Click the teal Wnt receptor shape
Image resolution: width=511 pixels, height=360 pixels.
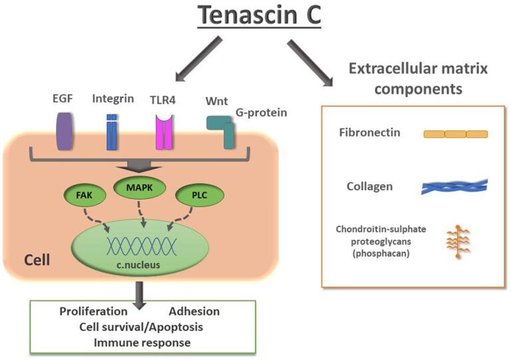[220, 129]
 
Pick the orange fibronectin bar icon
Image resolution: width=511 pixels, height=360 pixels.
[456, 134]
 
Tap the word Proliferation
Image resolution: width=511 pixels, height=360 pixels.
[92, 311]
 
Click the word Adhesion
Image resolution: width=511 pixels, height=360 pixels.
[194, 311]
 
